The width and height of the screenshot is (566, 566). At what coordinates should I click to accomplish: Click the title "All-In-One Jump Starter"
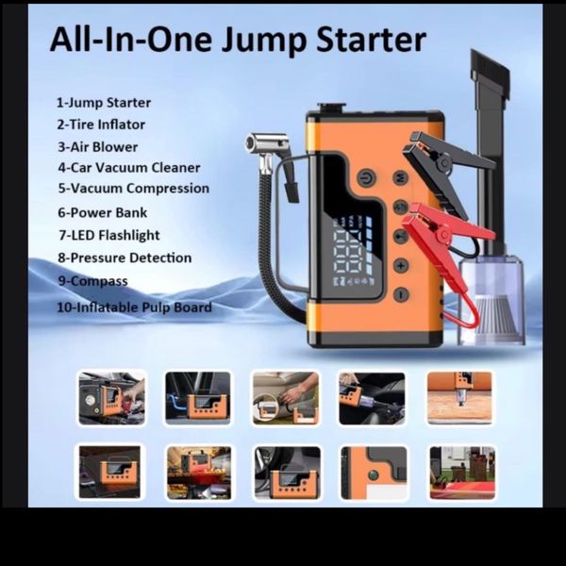coord(238,40)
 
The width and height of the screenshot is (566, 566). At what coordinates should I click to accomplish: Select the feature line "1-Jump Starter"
coord(104,103)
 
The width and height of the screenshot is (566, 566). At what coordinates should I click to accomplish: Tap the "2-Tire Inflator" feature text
coord(101,125)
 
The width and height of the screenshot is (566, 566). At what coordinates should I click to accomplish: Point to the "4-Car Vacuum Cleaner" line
coord(129,168)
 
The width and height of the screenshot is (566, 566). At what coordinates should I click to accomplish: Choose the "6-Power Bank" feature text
coord(103,212)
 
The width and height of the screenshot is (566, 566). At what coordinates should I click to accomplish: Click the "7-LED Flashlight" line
coord(109,235)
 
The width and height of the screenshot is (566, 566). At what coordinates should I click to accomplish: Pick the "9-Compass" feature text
coord(92,281)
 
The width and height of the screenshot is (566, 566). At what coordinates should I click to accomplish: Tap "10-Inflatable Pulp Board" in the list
coord(134,308)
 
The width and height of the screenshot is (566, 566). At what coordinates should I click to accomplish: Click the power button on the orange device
coord(366,178)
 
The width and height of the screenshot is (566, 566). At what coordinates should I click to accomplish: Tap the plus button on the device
coord(401,266)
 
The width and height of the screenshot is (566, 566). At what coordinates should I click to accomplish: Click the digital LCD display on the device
coord(353,250)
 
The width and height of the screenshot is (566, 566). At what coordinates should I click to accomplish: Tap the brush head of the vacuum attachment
coord(491,75)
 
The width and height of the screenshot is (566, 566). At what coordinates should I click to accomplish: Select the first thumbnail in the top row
coord(112,398)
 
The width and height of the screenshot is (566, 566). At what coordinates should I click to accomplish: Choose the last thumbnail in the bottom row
coord(462,473)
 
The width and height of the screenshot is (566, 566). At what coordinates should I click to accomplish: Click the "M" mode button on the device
coord(401,177)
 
